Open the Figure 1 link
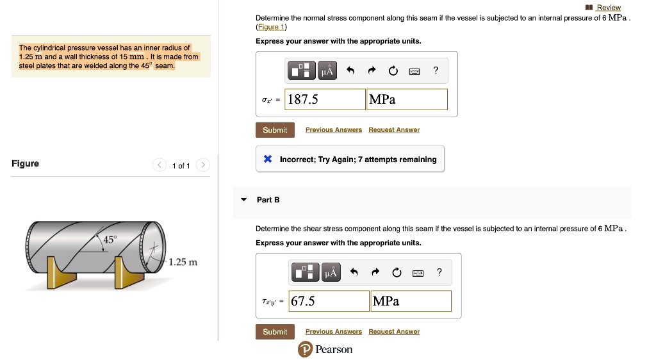click(271, 27)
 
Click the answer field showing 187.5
click(325, 99)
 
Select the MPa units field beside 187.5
click(407, 99)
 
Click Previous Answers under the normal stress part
click(333, 130)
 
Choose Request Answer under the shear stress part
click(394, 332)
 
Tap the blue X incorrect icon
click(268, 159)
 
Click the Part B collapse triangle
click(244, 200)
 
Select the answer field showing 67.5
click(329, 301)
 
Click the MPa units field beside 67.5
click(411, 301)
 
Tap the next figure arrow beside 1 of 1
click(203, 165)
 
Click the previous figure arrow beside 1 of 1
click(160, 165)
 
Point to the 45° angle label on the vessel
click(110, 240)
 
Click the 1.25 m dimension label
click(183, 262)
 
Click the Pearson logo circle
click(306, 349)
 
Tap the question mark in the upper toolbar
click(436, 70)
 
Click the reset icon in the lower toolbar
click(397, 273)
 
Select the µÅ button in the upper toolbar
click(327, 70)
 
